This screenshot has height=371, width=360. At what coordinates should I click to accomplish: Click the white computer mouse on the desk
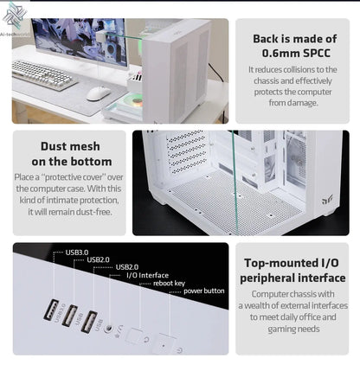pyautogui.click(x=98, y=93)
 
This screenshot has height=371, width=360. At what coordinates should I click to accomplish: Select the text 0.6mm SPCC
pyautogui.click(x=293, y=53)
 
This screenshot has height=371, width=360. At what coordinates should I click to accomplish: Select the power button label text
pyautogui.click(x=203, y=291)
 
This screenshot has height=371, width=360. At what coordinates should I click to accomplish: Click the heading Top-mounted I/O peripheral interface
pyautogui.click(x=294, y=271)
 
